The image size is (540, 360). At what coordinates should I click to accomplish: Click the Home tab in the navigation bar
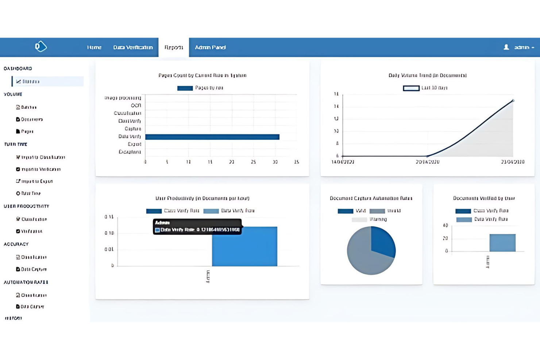pyautogui.click(x=94, y=47)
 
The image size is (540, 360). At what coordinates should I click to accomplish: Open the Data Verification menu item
pyautogui.click(x=133, y=47)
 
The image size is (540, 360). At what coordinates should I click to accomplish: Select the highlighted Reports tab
pyautogui.click(x=174, y=47)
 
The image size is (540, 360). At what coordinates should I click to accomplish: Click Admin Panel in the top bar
pyautogui.click(x=210, y=47)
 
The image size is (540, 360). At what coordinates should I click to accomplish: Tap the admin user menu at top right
pyautogui.click(x=520, y=47)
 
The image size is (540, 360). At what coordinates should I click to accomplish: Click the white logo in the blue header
pyautogui.click(x=40, y=46)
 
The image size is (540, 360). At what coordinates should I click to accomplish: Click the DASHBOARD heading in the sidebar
pyautogui.click(x=18, y=69)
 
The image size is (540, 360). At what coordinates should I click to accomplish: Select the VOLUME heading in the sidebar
pyautogui.click(x=13, y=94)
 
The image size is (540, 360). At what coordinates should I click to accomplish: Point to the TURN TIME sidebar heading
pyautogui.click(x=16, y=144)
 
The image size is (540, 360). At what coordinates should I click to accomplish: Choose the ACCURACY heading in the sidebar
pyautogui.click(x=16, y=244)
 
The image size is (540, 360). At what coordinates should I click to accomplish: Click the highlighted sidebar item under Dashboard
pyautogui.click(x=47, y=81)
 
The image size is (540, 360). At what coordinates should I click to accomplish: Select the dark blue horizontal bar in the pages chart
pyautogui.click(x=212, y=137)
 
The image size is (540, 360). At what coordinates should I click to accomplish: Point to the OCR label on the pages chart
pyautogui.click(x=136, y=105)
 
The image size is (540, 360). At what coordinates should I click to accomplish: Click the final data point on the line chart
pyautogui.click(x=513, y=101)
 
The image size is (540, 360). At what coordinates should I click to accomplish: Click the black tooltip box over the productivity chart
pyautogui.click(x=197, y=227)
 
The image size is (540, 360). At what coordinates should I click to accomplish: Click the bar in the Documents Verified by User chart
pyautogui.click(x=502, y=243)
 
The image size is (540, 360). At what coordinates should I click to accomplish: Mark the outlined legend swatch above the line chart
pyautogui.click(x=411, y=88)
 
